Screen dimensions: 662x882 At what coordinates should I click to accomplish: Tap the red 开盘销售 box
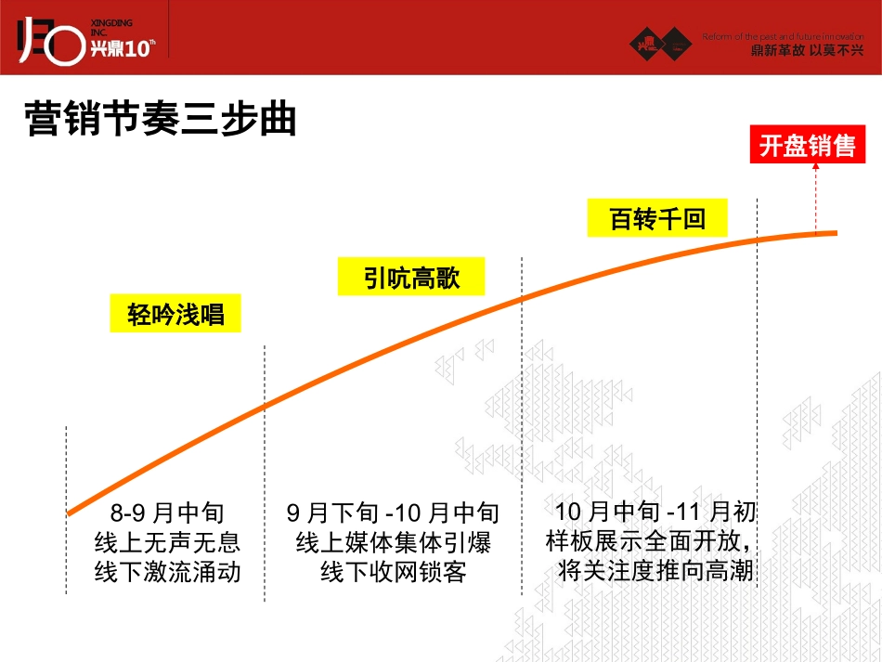click(807, 146)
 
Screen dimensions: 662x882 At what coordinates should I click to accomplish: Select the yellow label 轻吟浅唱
click(175, 314)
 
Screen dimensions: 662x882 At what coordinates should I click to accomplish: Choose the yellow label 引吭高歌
click(411, 277)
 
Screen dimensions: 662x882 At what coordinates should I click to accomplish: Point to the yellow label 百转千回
click(656, 219)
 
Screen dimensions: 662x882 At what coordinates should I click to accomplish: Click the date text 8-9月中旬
click(167, 513)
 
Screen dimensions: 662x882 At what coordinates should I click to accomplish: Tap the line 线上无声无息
click(167, 542)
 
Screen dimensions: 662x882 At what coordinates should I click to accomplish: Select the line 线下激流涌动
click(167, 572)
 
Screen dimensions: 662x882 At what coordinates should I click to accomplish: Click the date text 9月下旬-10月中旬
click(393, 513)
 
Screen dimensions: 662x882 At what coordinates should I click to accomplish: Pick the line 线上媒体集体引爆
click(393, 542)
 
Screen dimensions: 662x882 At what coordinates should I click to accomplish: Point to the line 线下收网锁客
click(393, 572)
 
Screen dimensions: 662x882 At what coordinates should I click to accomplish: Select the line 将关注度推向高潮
click(655, 570)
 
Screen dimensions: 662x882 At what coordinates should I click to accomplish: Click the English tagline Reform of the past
click(782, 36)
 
